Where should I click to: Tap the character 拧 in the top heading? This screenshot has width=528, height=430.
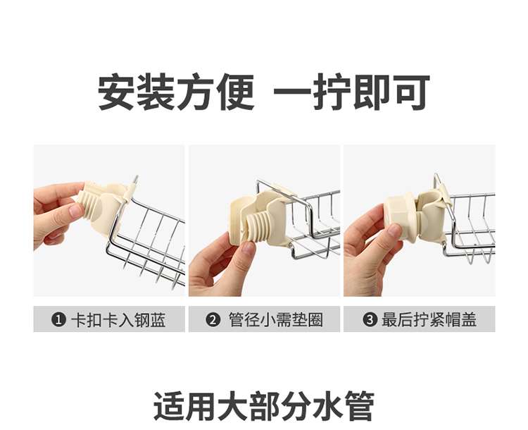pos(332,92)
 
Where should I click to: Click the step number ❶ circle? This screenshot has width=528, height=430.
pos(58,319)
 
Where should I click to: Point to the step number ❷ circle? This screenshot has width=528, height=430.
pos(213,319)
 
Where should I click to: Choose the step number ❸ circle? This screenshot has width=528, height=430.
pos(370,319)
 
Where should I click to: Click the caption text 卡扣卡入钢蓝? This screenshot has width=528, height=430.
pos(118,320)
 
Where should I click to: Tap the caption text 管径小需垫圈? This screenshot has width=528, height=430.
pos(275,320)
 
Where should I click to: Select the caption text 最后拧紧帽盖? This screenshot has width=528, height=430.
pos(429,320)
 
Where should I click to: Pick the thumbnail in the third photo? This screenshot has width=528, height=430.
pos(394,233)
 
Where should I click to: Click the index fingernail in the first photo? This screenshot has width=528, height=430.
pos(76,211)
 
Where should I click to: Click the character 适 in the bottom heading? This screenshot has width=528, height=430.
pos(168,406)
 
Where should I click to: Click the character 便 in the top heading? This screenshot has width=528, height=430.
pos(236,92)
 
